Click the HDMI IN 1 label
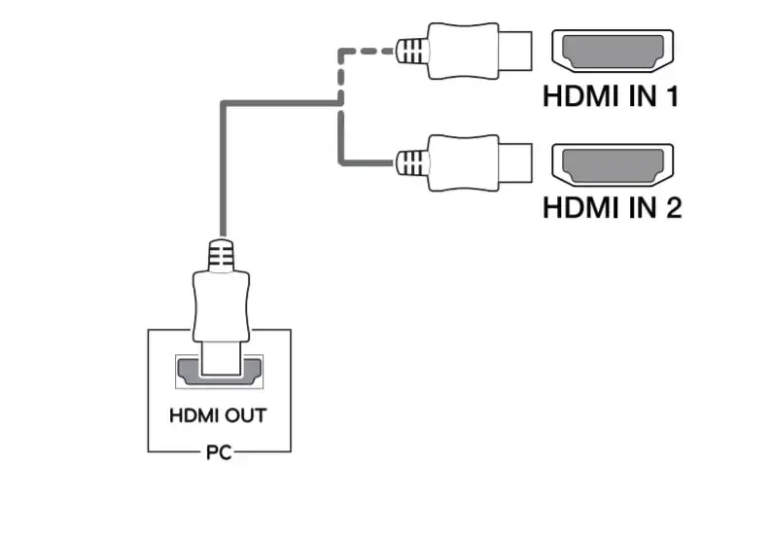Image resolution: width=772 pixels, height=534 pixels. (611, 97)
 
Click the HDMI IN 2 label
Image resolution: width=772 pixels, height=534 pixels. (611, 206)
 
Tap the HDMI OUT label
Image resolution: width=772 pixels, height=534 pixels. (218, 415)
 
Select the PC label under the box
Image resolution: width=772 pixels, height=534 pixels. (219, 453)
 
